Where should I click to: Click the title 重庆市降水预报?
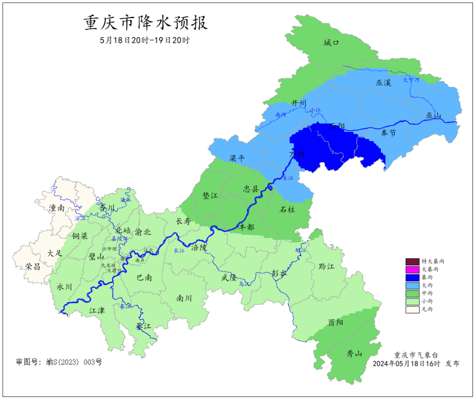tap(146, 23)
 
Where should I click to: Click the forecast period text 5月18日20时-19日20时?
tap(145, 40)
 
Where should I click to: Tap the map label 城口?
tap(331, 43)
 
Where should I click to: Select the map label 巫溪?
tap(384, 83)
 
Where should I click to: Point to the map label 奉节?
tap(388, 133)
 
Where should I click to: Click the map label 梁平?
tap(237, 158)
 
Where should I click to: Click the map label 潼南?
tap(57, 208)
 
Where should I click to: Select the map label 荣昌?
tap(33, 266)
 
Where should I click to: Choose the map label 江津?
tap(97, 311)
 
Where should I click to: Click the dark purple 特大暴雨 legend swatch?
tap(413, 261)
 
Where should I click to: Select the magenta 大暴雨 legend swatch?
tap(413, 269)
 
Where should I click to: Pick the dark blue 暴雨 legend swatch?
tap(413, 277)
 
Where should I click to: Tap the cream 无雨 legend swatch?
tap(413, 309)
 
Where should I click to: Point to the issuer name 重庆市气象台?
tap(416, 355)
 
